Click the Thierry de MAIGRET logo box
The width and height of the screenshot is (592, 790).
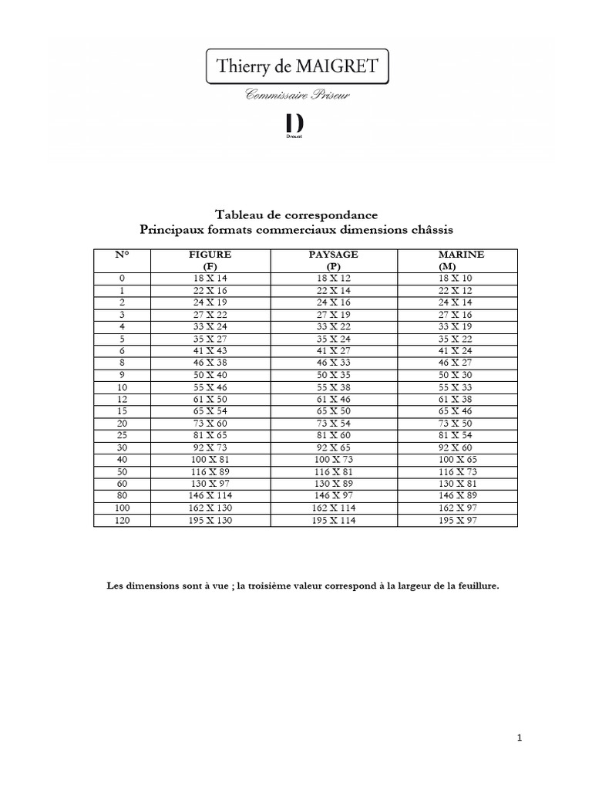click(x=297, y=67)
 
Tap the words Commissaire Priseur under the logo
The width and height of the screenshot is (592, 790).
click(x=296, y=95)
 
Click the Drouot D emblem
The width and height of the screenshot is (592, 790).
click(x=294, y=125)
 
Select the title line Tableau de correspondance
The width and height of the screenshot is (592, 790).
click(x=296, y=215)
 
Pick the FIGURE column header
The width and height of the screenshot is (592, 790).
click(x=210, y=254)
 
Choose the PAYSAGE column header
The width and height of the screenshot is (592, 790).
click(x=333, y=254)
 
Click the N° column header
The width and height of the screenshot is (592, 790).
click(x=122, y=254)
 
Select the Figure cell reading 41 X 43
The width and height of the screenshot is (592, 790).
click(x=210, y=350)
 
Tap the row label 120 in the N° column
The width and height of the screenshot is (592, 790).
click(x=122, y=522)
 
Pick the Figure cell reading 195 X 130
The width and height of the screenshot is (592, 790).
click(x=210, y=522)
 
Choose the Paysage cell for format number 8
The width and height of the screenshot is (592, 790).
click(x=333, y=363)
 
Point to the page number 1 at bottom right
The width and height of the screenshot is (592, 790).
click(x=520, y=738)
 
